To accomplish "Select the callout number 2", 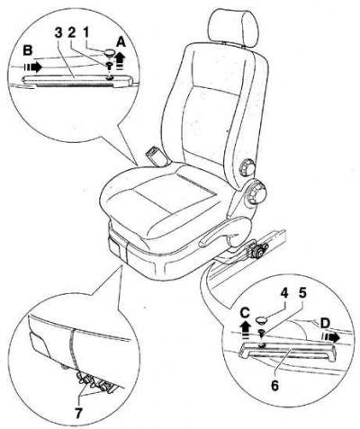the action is pos(72,33).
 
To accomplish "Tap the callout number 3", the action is pos(58,33).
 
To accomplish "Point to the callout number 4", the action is pos(283,293).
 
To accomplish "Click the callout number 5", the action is pos(302,293).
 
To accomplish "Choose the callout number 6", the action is pos(275,385).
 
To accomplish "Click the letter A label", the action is pos(121,43).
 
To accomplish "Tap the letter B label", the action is pos(27,50).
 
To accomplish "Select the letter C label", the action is pos(245,313).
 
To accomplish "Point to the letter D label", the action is pos(325,323).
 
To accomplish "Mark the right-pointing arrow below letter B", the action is pos(33,67).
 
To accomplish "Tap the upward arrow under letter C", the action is pos(245,330).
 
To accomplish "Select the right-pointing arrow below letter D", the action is pos(331,337).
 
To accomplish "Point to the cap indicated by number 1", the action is pos(110,54).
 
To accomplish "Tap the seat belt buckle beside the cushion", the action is pos(157,156).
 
